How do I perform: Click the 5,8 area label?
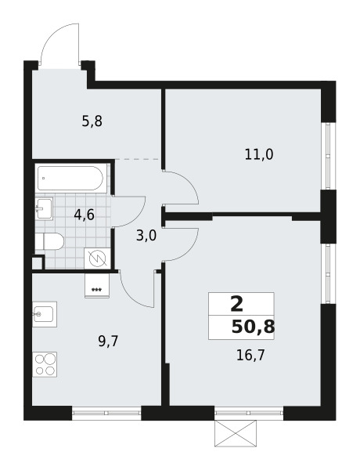click(92, 121)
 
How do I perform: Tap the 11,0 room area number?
click(259, 154)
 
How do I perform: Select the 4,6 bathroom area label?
click(85, 215)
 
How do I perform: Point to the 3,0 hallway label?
click(146, 237)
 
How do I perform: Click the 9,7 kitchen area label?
click(109, 341)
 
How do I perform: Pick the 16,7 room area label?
click(250, 356)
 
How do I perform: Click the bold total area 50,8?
click(253, 327)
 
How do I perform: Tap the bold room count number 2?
click(237, 304)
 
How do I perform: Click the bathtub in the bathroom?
click(70, 178)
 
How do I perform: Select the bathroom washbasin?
click(44, 208)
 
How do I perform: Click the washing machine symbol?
click(96, 258)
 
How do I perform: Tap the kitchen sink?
click(45, 314)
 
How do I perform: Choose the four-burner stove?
click(45, 364)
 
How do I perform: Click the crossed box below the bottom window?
click(236, 433)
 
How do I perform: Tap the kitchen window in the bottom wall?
click(106, 413)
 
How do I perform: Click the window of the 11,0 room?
click(328, 156)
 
